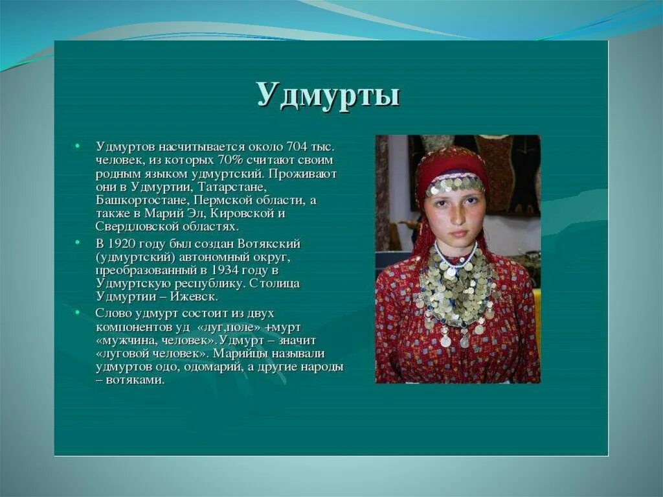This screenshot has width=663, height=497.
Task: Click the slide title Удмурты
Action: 328,95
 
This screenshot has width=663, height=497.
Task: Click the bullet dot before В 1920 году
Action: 77,242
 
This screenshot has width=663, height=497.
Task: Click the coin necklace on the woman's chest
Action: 456,292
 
